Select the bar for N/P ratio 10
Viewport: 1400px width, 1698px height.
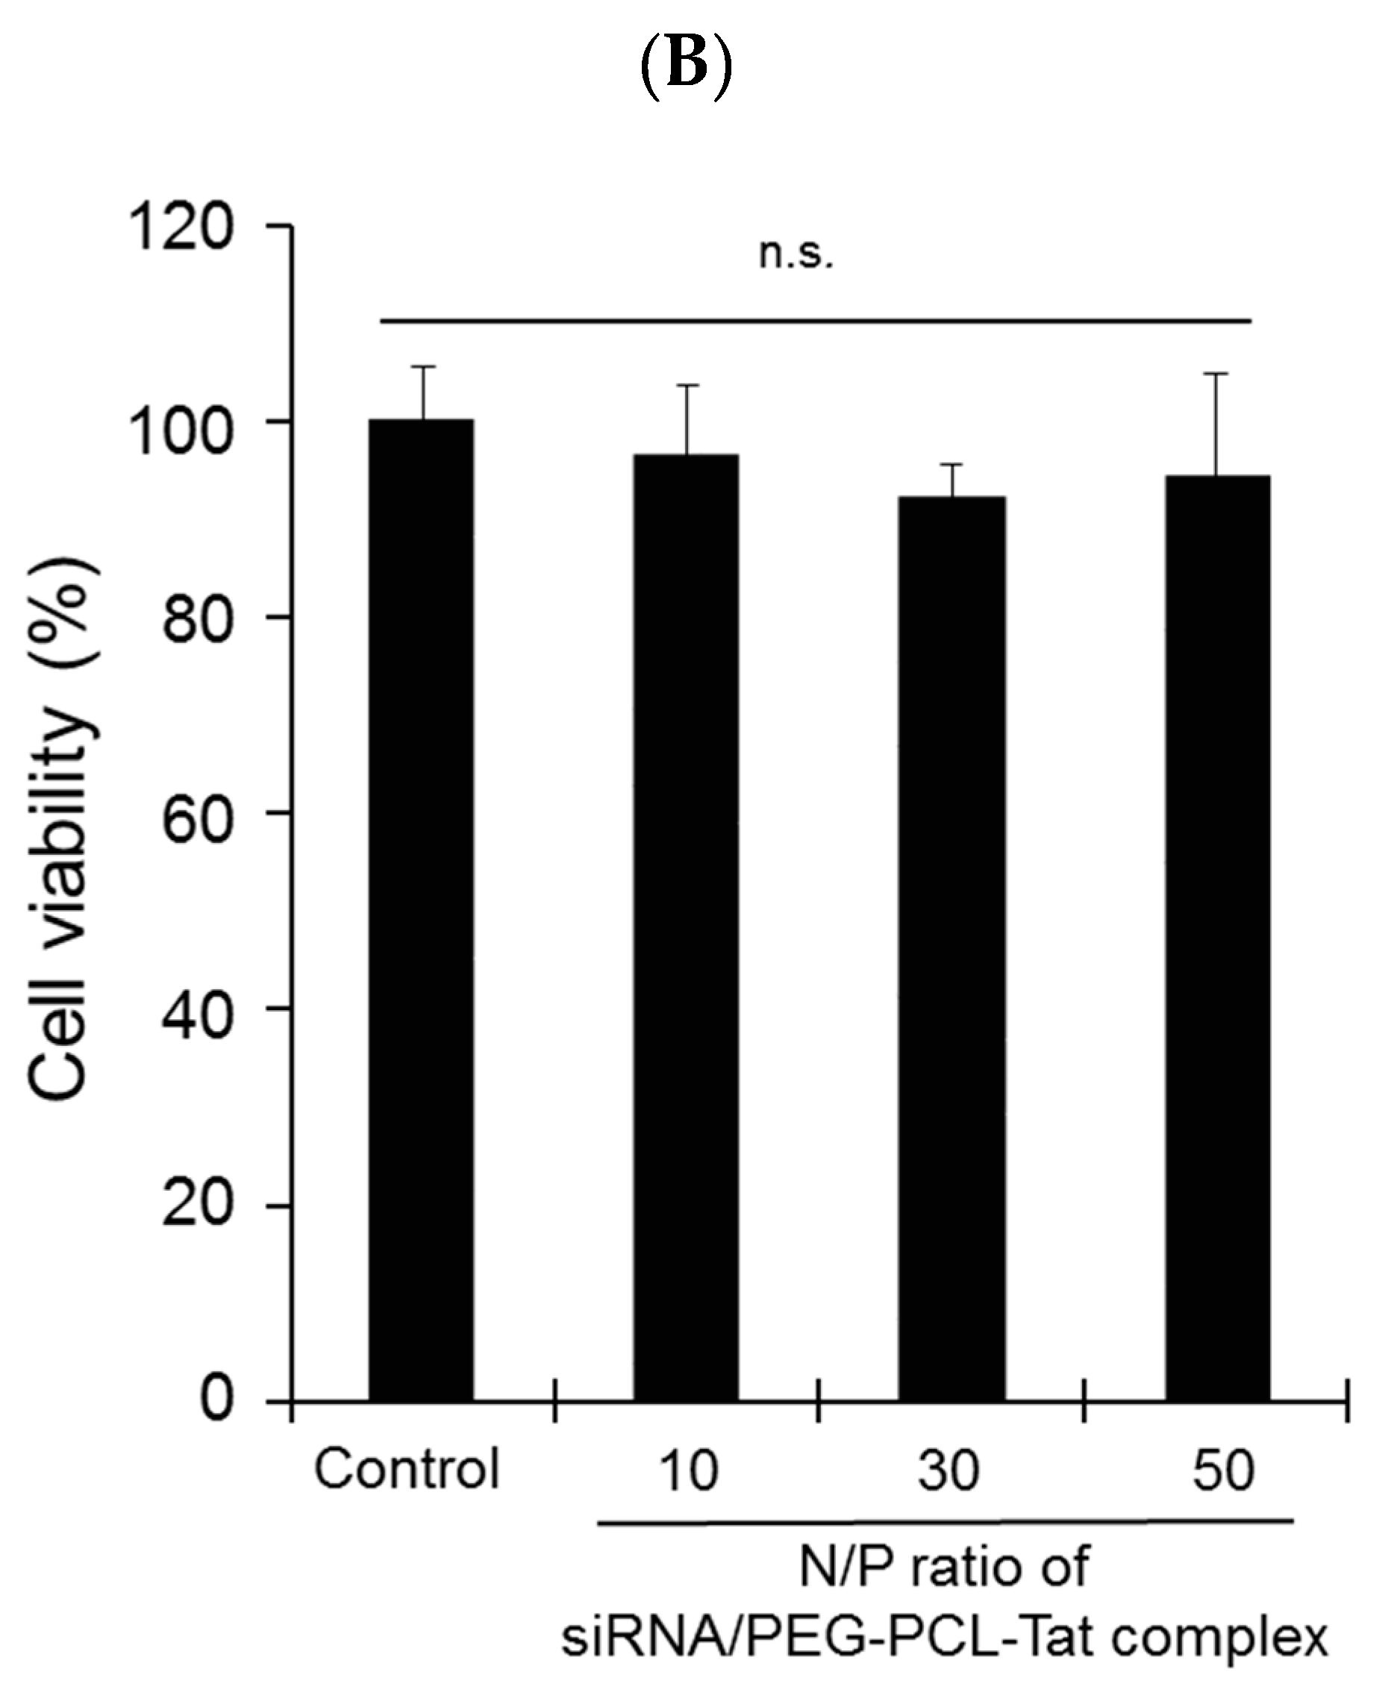pos(686,927)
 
